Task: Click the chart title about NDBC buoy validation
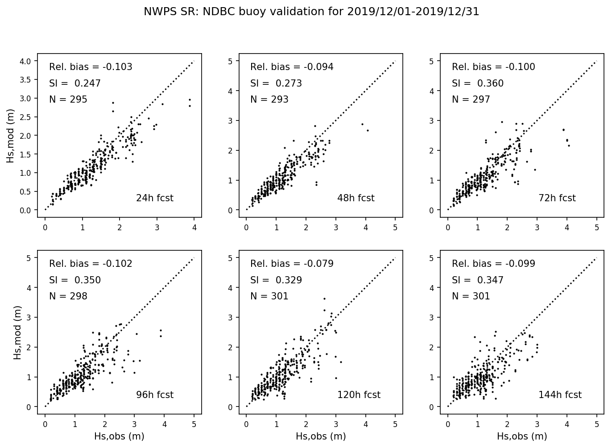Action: point(311,12)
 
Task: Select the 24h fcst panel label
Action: point(154,198)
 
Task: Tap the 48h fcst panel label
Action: point(356,198)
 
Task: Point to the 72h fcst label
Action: point(557,198)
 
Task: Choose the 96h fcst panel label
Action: point(154,395)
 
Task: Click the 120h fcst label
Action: point(359,395)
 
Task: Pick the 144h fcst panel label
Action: point(560,395)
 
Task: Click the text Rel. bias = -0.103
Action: point(91,67)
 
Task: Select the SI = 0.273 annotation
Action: point(276,83)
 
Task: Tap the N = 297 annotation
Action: point(471,100)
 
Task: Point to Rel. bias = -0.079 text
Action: point(292,264)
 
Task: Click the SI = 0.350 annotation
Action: point(74,280)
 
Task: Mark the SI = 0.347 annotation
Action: point(477,280)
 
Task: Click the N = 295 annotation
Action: point(68,100)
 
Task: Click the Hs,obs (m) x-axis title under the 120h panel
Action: point(321,436)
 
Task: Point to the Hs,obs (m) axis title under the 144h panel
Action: point(522,436)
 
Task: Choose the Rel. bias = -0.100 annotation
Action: point(493,67)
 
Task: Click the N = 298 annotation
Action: point(68,296)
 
